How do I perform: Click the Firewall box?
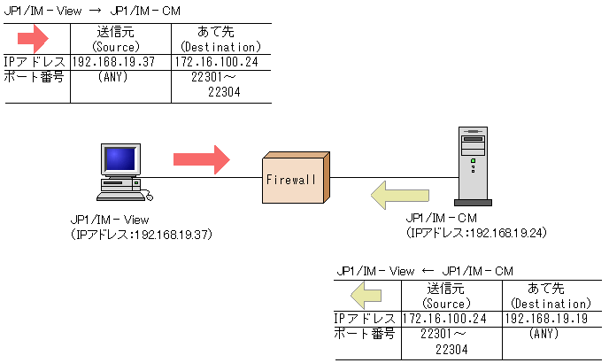[294, 180]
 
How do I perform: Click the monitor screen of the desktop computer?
[121, 159]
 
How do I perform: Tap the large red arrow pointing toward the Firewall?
[201, 159]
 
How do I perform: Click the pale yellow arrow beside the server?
[399, 194]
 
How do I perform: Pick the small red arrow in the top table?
[37, 39]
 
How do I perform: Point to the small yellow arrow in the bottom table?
[367, 296]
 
